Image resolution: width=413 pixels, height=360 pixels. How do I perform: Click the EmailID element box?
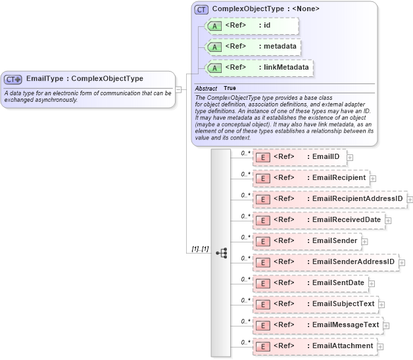300,157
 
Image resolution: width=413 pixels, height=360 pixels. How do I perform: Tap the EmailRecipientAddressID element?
329,199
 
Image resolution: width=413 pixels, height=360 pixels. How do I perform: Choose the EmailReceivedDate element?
318,220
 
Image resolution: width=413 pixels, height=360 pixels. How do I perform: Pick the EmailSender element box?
306,241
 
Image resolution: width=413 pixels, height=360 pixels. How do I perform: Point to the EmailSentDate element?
310,283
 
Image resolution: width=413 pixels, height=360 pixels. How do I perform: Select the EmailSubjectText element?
315,304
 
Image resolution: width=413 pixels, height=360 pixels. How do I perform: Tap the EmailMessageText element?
317,325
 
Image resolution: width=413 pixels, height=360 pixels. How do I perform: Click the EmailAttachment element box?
314,346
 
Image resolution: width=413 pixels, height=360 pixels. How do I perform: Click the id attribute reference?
252,26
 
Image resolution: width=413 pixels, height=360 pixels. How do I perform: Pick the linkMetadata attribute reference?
258,68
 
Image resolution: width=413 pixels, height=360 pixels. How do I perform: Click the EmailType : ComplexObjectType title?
85,79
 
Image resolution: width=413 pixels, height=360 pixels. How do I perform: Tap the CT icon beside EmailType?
13,79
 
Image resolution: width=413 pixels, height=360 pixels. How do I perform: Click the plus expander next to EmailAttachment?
381,347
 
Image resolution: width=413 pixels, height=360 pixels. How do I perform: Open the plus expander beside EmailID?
351,158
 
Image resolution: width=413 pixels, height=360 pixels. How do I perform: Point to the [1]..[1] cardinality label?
200,249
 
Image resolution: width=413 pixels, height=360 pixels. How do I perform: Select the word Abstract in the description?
206,88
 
